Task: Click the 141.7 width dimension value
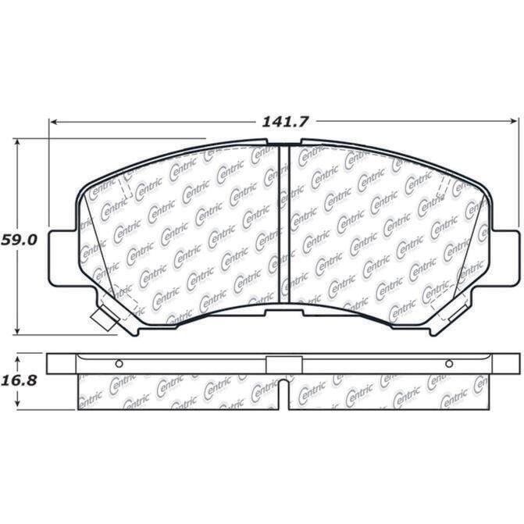coord(284,122)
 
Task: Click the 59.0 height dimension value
coord(19,240)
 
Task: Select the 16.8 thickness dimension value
coord(19,380)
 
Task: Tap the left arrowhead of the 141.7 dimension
coord(53,122)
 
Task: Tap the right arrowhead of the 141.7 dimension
coord(514,122)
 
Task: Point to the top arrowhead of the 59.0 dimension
coord(18,142)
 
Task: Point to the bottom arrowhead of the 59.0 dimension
coord(18,330)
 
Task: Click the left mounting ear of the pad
coord(62,258)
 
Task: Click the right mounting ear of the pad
coord(505,258)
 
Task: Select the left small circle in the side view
coord(119,364)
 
